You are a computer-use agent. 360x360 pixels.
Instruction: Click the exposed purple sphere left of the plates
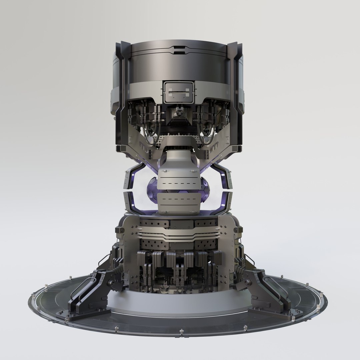click(152, 190)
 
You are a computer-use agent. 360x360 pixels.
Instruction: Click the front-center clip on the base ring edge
click(181, 332)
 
